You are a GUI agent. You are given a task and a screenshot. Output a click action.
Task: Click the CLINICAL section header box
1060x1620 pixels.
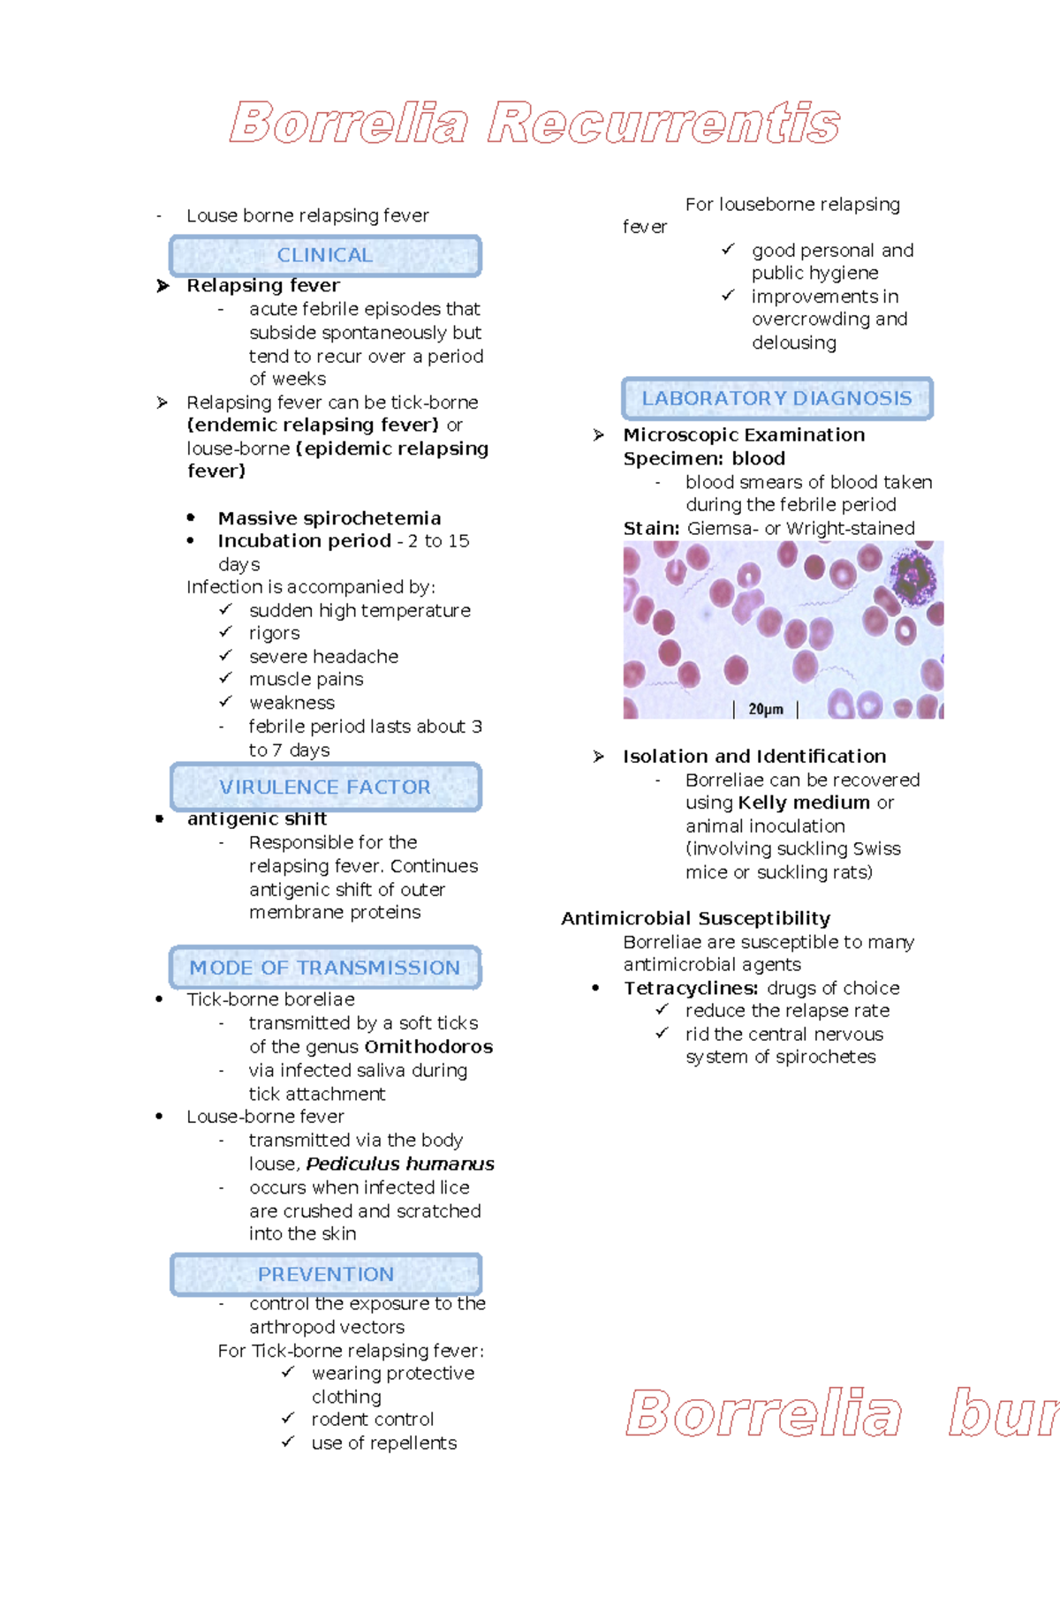[325, 256]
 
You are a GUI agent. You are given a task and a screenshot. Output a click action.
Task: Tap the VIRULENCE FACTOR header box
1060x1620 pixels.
[325, 787]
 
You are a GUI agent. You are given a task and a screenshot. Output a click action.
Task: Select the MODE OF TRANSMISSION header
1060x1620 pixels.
[325, 968]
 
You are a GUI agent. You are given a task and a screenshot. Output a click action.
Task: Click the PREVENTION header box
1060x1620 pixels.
[325, 1274]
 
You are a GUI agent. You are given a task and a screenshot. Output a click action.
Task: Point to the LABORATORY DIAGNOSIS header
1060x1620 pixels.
[776, 398]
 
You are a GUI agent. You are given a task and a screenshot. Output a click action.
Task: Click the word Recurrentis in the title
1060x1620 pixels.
[663, 123]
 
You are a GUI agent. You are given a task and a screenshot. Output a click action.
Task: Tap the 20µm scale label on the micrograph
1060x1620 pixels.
[766, 709]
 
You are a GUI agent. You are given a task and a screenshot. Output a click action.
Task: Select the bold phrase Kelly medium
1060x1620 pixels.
[804, 802]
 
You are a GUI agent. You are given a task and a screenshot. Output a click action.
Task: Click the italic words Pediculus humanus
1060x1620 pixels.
[400, 1164]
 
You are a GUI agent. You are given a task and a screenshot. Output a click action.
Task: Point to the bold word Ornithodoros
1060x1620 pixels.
[428, 1046]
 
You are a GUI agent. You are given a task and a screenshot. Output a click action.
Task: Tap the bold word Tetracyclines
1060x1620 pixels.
[691, 988]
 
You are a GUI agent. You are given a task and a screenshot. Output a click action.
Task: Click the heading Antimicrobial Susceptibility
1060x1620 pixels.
[696, 918]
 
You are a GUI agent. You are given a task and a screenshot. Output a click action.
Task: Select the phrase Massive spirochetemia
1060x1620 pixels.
[329, 518]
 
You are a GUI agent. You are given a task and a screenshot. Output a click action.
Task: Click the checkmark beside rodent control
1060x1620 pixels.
[288, 1418]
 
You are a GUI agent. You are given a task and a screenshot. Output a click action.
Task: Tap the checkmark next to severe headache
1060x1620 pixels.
[226, 655]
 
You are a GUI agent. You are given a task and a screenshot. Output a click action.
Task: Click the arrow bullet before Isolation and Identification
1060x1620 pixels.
[599, 757]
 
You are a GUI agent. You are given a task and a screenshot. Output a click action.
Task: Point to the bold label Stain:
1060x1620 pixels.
[651, 528]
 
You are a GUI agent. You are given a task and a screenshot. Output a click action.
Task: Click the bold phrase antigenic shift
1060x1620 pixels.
[257, 818]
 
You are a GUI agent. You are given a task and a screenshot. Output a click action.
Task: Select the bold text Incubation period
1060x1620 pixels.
[305, 540]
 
